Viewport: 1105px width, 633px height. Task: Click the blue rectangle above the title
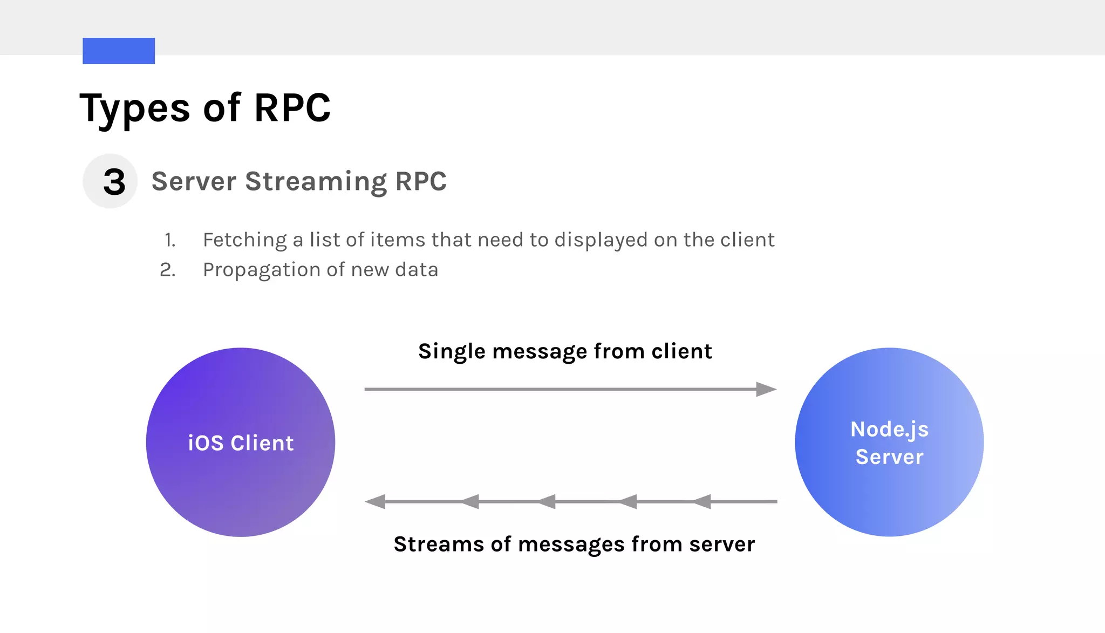[x=119, y=51]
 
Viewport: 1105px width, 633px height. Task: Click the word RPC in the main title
[x=292, y=108]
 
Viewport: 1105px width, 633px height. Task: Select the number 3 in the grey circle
[x=114, y=182]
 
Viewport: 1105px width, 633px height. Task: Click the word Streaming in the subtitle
[x=316, y=182]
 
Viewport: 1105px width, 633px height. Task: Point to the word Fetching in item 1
[x=244, y=240]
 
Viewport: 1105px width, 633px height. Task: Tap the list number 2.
[x=167, y=270]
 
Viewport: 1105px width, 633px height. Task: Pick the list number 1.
[x=170, y=240]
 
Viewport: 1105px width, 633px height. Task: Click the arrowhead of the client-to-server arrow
[x=766, y=389]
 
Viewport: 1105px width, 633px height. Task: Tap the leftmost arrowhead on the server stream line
[x=376, y=502]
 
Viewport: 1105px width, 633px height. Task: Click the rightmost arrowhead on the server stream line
[x=701, y=502]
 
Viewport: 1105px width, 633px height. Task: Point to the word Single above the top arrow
[x=452, y=351]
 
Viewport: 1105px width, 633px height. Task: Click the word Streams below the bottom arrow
[x=438, y=544]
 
